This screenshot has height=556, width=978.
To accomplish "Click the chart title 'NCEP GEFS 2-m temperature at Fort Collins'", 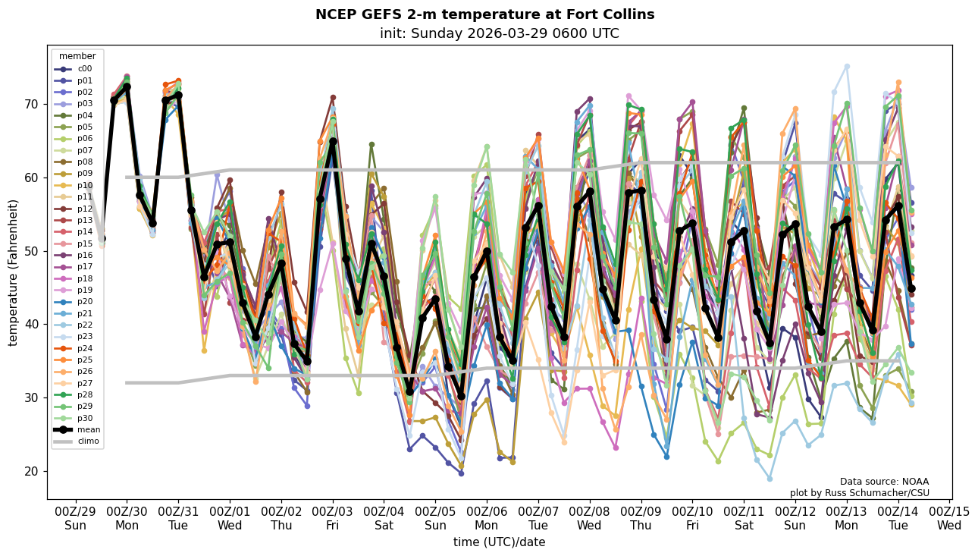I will click(484, 14).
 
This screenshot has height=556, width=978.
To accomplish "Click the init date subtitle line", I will click(499, 33).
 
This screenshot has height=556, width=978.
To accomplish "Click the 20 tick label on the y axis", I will click(32, 471).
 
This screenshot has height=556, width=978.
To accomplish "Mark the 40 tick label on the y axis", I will click(32, 324).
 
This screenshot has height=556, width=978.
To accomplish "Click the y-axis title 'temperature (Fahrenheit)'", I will click(14, 272).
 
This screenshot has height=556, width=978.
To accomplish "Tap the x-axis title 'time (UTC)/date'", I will click(499, 542).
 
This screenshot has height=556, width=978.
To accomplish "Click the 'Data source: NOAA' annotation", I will click(884, 482).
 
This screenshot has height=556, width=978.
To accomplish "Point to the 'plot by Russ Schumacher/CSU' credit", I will click(859, 493).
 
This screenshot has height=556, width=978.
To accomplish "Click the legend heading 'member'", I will click(77, 56).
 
